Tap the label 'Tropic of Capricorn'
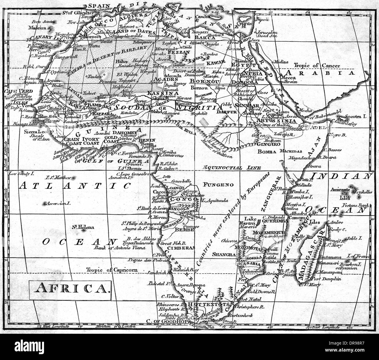[x=112, y=270]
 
